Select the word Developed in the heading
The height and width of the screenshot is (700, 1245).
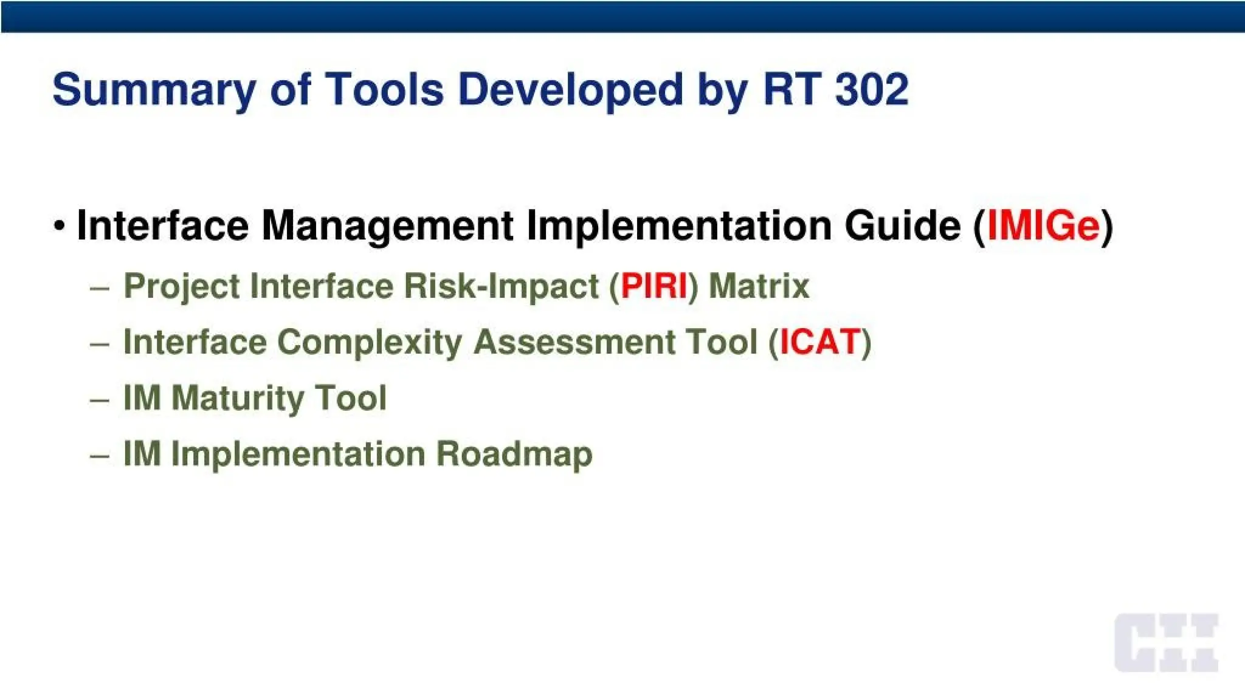coord(571,89)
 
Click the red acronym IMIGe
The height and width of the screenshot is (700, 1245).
coord(1043,225)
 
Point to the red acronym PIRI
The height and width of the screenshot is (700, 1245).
coord(654,286)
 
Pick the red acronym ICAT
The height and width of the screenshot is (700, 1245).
coord(820,341)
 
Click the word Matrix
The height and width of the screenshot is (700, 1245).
coord(759,286)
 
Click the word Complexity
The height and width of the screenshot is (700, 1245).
coord(370,343)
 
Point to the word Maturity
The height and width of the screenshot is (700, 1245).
coord(238,399)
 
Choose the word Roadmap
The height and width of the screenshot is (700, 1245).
coord(514,455)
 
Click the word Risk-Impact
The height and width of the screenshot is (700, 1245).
coord(502,286)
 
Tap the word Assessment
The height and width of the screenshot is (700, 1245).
coord(574,341)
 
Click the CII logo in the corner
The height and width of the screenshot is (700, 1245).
coord(1166,643)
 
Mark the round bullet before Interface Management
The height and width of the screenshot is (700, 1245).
coord(59,225)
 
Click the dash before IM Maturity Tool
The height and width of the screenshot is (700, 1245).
coord(99,400)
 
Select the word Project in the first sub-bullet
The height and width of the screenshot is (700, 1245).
coord(182,287)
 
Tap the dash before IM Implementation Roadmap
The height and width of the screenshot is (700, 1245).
coord(99,456)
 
